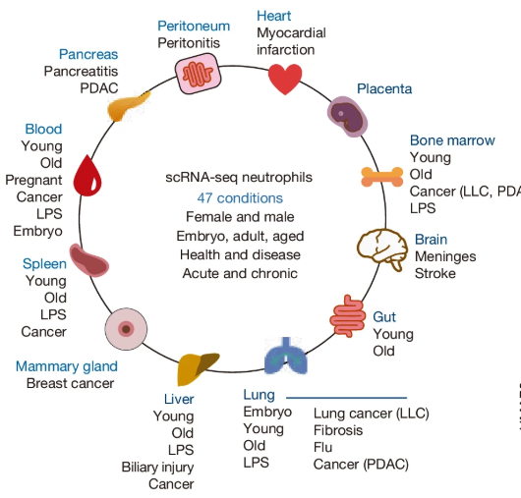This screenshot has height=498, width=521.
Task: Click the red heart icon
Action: (285, 79)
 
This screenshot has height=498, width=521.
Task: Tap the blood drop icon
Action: (88, 176)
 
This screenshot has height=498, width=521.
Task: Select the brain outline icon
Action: (380, 249)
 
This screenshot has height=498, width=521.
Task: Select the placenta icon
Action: (346, 114)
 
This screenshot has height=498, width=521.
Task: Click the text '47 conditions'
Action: (240, 197)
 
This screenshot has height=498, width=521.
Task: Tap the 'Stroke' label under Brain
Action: (435, 273)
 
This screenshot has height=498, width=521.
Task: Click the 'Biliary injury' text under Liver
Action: (157, 467)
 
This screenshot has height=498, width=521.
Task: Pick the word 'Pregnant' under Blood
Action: (33, 180)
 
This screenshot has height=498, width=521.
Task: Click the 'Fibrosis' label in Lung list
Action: (338, 430)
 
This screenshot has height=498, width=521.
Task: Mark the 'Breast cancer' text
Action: (70, 383)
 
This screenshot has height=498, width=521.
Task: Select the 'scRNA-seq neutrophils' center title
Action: (239, 178)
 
